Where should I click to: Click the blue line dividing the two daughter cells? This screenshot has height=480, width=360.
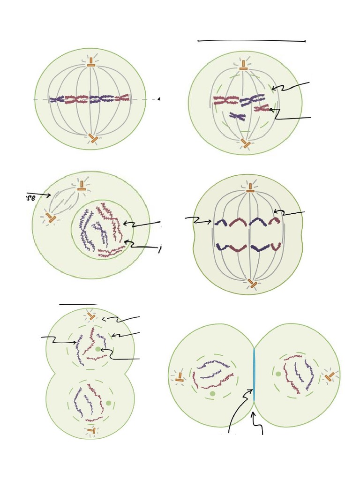(254, 375)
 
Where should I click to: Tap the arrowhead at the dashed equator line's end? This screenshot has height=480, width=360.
(159, 99)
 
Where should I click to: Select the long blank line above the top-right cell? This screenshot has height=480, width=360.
(252, 41)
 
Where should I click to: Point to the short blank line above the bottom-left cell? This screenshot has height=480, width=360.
(78, 304)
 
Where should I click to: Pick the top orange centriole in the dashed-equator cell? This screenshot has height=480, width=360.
(91, 63)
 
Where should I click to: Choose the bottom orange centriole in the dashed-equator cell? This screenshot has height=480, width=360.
(94, 139)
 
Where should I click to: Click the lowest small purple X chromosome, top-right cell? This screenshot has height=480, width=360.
(238, 116)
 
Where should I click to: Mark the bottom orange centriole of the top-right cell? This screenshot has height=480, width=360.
(246, 144)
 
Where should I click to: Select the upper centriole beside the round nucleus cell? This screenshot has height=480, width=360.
(82, 185)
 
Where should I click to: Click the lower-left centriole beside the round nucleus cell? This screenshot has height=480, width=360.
(50, 217)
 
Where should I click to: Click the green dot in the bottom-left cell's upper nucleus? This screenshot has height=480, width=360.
(97, 349)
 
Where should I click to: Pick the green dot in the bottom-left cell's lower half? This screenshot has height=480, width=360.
(109, 403)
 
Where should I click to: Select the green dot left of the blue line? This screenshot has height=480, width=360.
(213, 394)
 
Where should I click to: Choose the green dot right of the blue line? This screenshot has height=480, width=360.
(278, 374)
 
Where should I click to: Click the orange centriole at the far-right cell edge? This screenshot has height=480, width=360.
(330, 376)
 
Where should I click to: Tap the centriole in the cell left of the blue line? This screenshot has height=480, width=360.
(179, 376)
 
